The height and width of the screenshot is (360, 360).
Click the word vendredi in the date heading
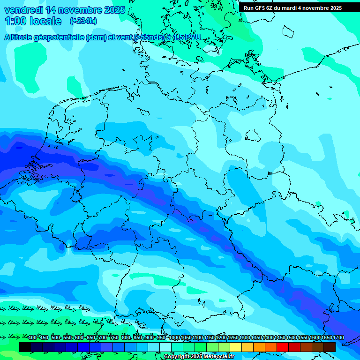(24, 10)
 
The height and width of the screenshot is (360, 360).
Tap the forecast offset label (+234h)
(83, 21)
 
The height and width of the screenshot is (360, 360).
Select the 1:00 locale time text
(33, 21)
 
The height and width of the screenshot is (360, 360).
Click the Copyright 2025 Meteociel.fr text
(199, 357)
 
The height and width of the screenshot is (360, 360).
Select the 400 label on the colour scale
(32, 337)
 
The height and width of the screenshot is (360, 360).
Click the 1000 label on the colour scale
(175, 337)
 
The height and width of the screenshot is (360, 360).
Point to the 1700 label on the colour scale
(338, 337)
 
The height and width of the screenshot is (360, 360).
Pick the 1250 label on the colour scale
(233, 337)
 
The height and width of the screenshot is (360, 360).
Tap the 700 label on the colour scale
(102, 337)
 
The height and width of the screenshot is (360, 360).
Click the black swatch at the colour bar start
(25, 347)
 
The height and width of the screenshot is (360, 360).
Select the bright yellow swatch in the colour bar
(236, 347)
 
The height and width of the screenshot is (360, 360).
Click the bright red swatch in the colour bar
(283, 347)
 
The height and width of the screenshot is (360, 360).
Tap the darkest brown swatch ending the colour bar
(330, 347)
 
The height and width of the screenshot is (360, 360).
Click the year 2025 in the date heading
(114, 10)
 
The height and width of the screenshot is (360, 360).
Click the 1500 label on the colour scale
(292, 337)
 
